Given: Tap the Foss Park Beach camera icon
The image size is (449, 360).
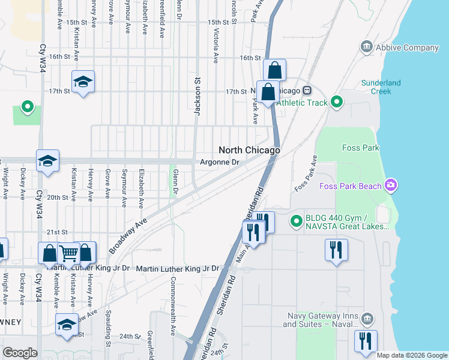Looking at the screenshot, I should pos(391,185).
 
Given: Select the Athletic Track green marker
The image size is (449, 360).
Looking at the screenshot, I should pos(337,103).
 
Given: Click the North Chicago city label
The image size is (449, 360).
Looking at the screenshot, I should pos(249,150).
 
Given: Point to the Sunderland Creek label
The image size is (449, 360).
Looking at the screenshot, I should pos(376,87).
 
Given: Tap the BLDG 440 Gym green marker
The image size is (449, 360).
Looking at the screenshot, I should pos(295,221).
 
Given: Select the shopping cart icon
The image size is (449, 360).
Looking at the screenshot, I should pos(68,254).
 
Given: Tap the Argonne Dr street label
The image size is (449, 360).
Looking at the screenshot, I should pos(219,162).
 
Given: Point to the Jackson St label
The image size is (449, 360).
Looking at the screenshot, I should pos(196,96).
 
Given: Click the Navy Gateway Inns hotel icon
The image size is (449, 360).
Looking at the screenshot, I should pos(367,318).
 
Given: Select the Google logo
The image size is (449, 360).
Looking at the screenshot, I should pos(20,353).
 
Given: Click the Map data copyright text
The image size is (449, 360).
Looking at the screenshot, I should pos(412,355).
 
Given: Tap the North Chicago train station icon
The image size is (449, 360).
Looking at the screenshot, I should pos(307,91).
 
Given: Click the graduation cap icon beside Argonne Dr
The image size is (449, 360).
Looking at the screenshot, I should pos(47,161).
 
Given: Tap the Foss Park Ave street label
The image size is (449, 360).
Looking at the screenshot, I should pos(305,174).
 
